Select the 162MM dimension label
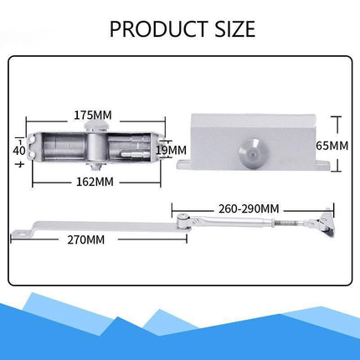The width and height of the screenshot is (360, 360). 94,180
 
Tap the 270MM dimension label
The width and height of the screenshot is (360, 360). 85,239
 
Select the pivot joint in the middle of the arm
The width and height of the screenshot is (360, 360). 181,219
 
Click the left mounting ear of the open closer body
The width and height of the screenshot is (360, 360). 36,147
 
